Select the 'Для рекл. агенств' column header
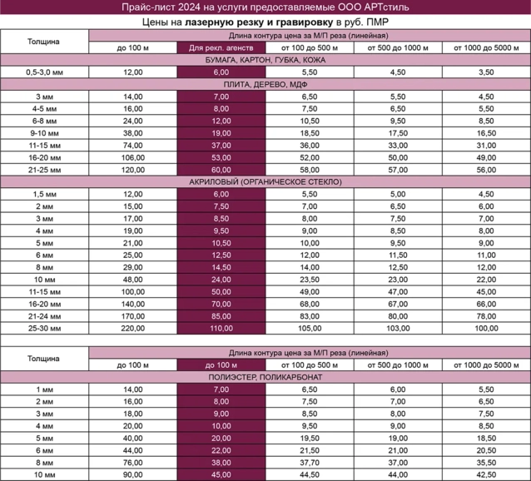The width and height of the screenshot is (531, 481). click(x=221, y=47)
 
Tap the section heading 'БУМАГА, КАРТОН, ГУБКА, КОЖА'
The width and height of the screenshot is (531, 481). click(x=265, y=60)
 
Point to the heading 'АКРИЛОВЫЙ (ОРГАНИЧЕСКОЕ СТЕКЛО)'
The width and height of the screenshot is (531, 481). click(x=265, y=181)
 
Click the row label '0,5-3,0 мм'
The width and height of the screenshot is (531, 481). click(x=44, y=72)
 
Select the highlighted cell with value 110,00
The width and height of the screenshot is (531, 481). click(x=221, y=328)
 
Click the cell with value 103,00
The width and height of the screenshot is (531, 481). click(x=398, y=328)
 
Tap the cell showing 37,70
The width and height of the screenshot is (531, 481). click(x=309, y=462)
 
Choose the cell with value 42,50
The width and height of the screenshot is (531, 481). click(x=486, y=474)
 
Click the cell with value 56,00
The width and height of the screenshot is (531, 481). click(x=486, y=169)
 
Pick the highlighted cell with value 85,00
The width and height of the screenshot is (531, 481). click(x=221, y=315)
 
